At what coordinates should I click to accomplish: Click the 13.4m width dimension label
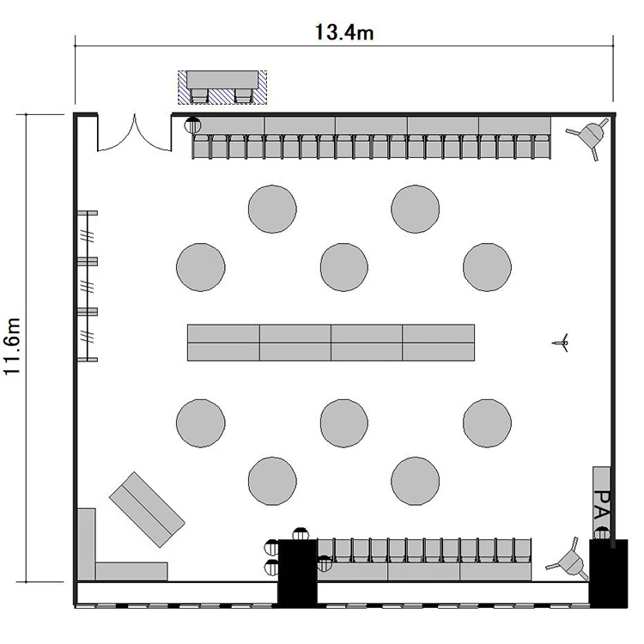pyautogui.click(x=344, y=33)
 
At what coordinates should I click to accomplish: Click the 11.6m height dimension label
pyautogui.click(x=12, y=346)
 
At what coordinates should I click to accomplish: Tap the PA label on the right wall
pyautogui.click(x=602, y=504)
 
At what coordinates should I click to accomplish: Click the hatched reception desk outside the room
pyautogui.click(x=222, y=88)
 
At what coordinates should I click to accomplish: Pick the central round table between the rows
pyautogui.click(x=344, y=267)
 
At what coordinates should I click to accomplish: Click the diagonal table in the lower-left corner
pyautogui.click(x=147, y=510)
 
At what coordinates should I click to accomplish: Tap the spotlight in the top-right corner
pyautogui.click(x=588, y=136)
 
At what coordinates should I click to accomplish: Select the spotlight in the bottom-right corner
pyautogui.click(x=568, y=561)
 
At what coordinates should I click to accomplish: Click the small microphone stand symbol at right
pyautogui.click(x=562, y=343)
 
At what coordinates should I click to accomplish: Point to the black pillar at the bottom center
pyautogui.click(x=298, y=573)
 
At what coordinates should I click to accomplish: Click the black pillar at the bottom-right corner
pyautogui.click(x=608, y=574)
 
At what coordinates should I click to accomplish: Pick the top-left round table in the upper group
pyautogui.click(x=272, y=209)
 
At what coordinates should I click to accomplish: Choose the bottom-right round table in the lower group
pyautogui.click(x=416, y=481)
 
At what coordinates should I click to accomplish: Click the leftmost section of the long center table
pyautogui.click(x=223, y=343)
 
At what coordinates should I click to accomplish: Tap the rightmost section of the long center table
pyautogui.click(x=439, y=343)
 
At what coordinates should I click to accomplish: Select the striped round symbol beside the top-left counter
pyautogui.click(x=192, y=125)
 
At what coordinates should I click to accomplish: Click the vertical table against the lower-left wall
pyautogui.click(x=86, y=544)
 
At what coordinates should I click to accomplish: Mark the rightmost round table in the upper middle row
pyautogui.click(x=487, y=267)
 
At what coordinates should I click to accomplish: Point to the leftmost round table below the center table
pyautogui.click(x=201, y=423)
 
